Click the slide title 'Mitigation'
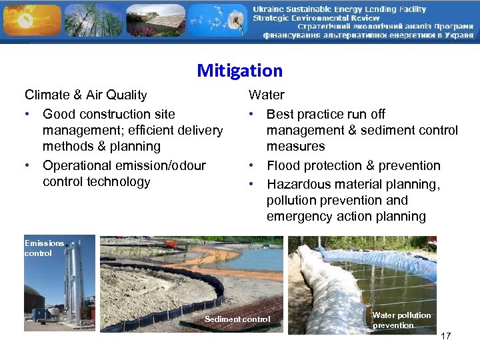click(240, 71)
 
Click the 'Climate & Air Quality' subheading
click(85, 95)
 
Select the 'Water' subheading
click(266, 95)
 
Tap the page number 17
click(445, 336)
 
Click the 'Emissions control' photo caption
click(44, 248)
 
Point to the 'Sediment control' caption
click(237, 319)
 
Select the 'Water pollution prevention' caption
click(401, 320)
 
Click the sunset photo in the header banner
click(30, 20)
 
